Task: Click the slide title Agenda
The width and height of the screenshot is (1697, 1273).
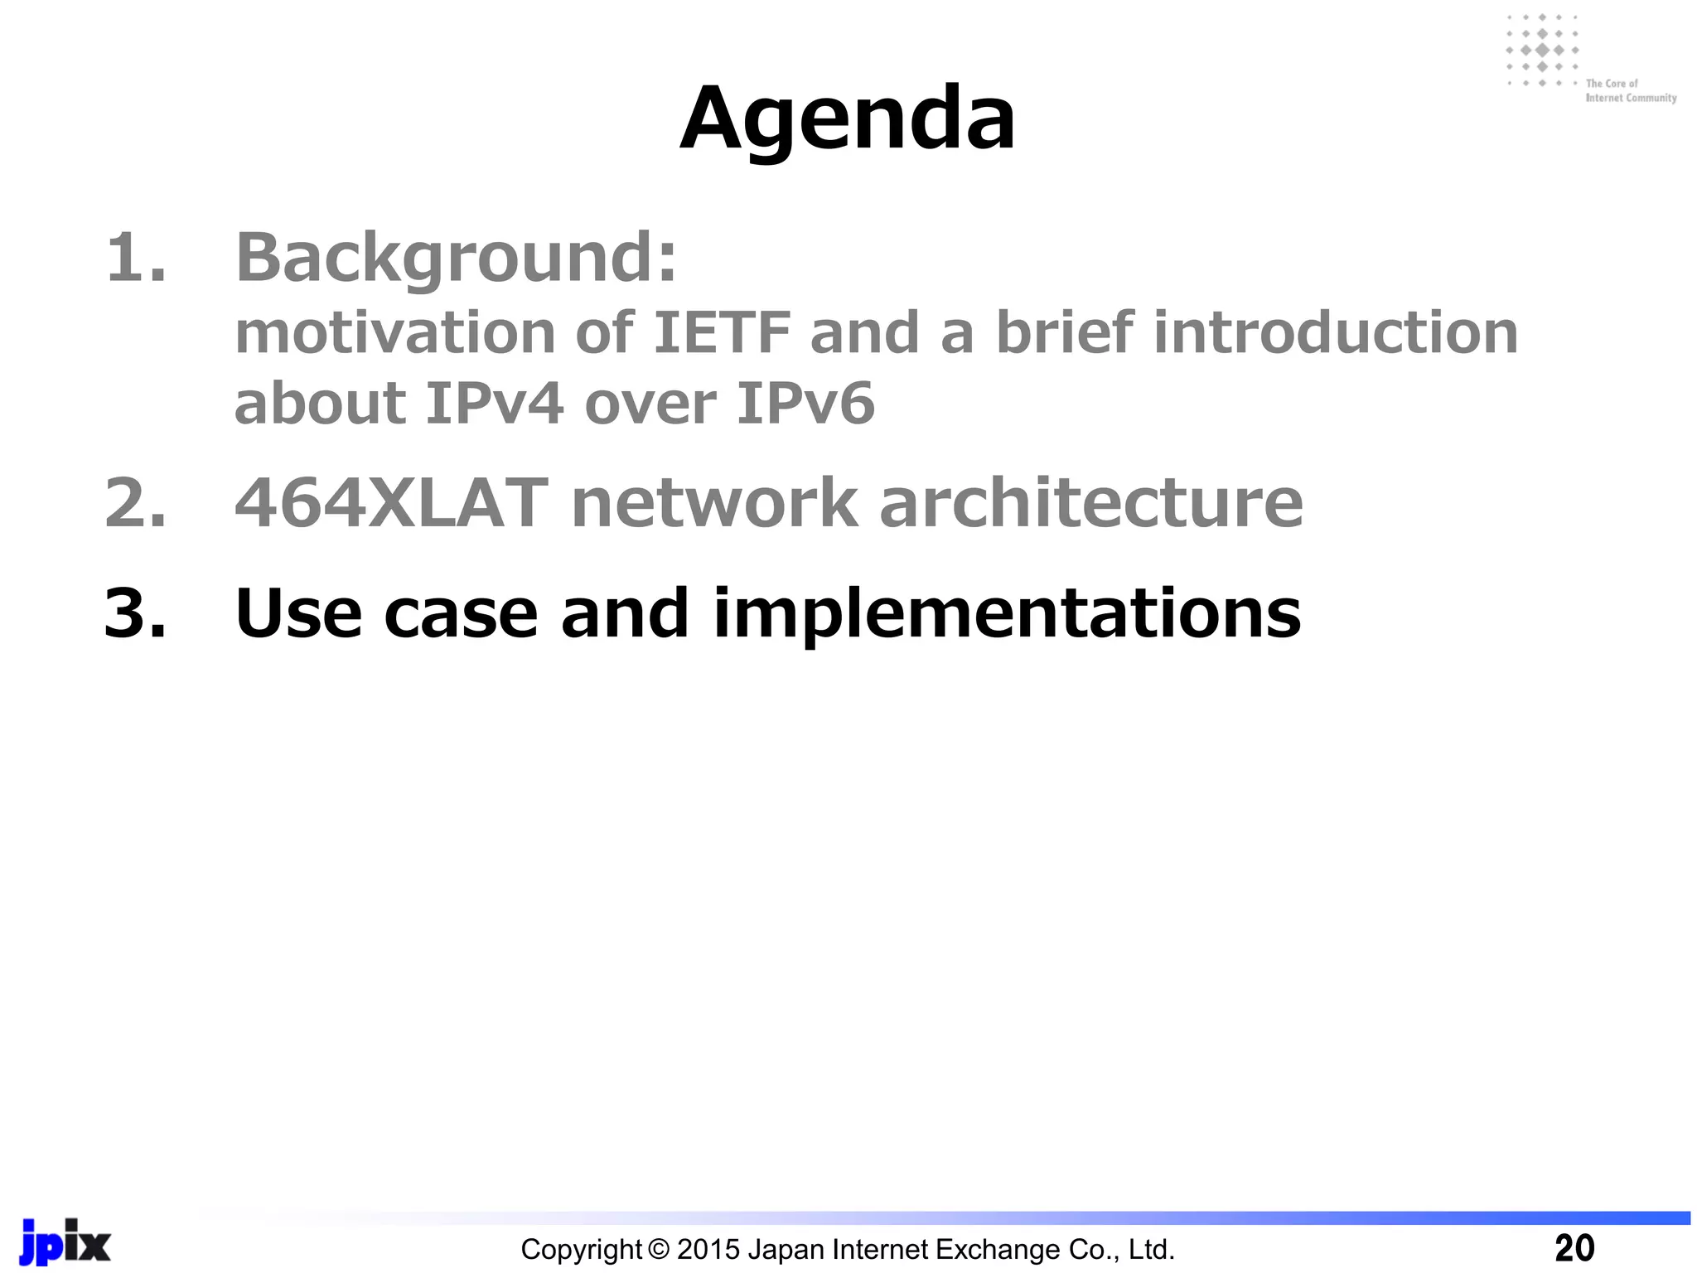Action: tap(847, 120)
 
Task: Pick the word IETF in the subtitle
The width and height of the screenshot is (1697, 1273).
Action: tap(722, 333)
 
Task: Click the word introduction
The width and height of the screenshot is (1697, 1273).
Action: tap(1335, 333)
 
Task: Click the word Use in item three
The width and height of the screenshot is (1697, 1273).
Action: tap(298, 613)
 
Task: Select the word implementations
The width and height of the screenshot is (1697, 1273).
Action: tap(1007, 613)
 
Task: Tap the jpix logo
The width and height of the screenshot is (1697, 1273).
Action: tap(65, 1242)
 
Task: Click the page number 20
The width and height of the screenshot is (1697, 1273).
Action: tap(1574, 1248)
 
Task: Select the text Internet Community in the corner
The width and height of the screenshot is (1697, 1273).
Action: tap(1631, 98)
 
